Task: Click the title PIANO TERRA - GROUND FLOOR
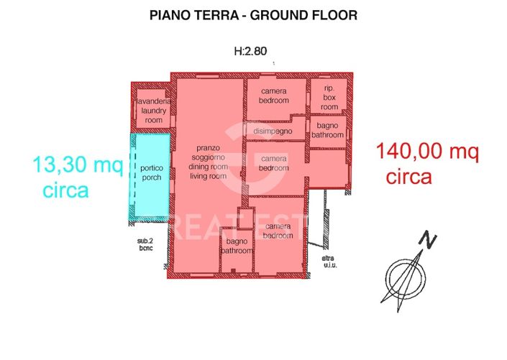tap(253, 14)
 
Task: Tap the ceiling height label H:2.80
tap(250, 51)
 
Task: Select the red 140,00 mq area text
tap(426, 152)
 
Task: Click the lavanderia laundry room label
tap(152, 111)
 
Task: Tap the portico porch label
tap(152, 172)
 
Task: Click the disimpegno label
tap(273, 131)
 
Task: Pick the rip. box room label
tap(329, 98)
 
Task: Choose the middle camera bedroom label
tap(274, 163)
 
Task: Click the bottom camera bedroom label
tap(278, 231)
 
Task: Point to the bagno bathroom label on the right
tap(329, 130)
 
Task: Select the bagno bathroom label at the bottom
tap(236, 246)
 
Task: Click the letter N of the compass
tap(429, 239)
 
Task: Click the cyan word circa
tap(65, 191)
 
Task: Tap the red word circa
tap(408, 177)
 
